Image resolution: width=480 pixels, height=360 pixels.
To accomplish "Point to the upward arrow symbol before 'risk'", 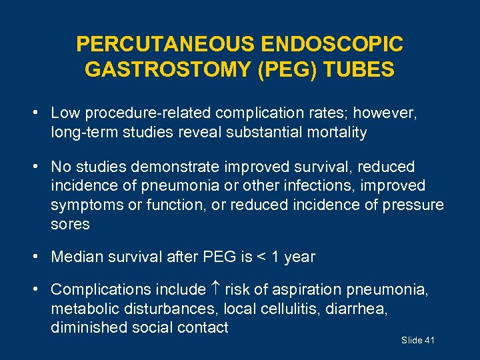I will [x=216, y=289].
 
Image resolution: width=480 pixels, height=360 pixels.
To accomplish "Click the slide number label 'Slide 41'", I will [x=418, y=341].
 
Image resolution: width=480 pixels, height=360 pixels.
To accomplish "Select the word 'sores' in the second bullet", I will [x=70, y=224].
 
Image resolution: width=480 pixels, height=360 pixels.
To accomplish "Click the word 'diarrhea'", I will [x=360, y=309].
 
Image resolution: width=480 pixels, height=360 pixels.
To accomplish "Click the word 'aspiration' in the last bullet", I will [x=306, y=289].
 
